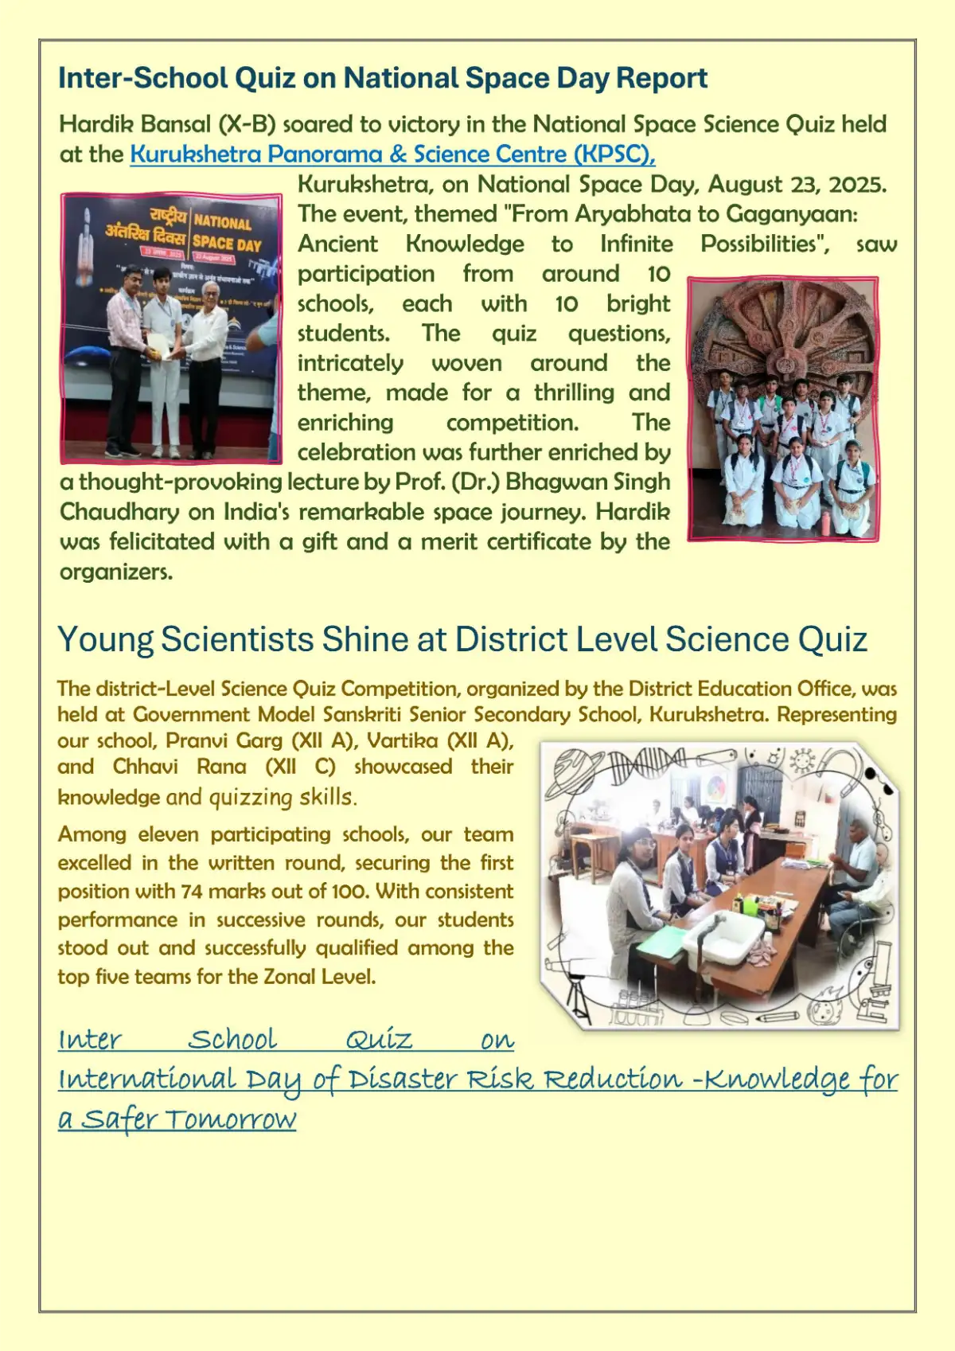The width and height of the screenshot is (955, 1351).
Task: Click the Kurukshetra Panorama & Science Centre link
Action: [392, 154]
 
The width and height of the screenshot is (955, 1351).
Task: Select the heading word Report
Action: [661, 78]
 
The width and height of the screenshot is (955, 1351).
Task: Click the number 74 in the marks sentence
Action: [192, 891]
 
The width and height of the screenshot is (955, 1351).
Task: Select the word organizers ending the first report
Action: [115, 572]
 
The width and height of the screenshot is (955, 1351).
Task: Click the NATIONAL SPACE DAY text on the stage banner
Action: [227, 232]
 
